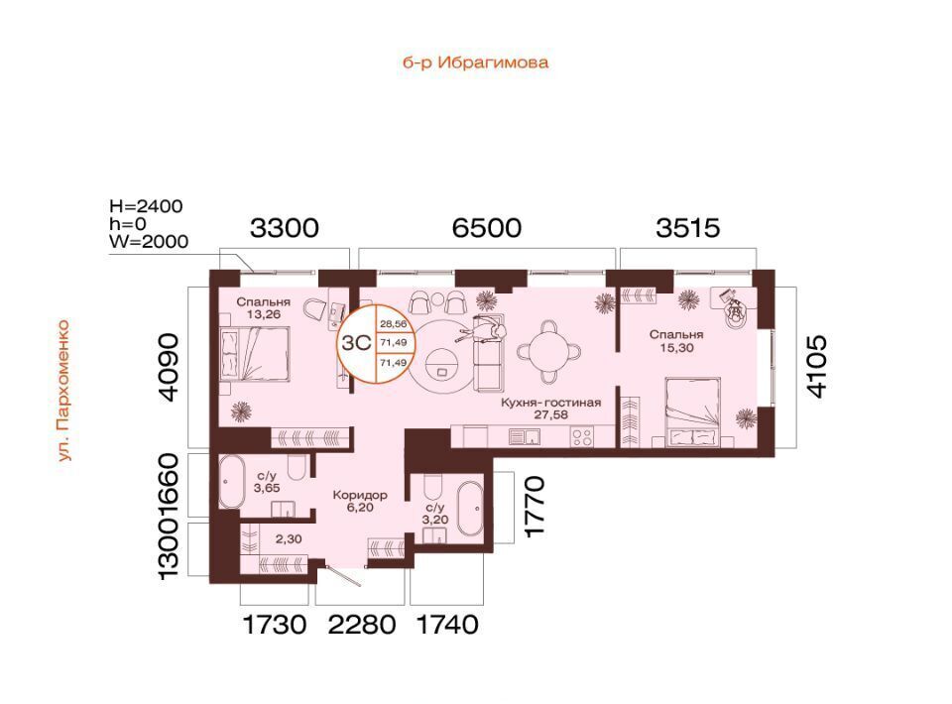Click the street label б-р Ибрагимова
[x=475, y=62]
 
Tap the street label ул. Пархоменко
[x=63, y=391]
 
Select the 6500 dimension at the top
[x=487, y=228]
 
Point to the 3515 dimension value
[x=688, y=228]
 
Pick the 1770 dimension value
[x=535, y=507]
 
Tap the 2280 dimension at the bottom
[x=362, y=624]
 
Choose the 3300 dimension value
[x=285, y=228]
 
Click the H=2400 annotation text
[x=146, y=206]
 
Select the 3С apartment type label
[x=356, y=343]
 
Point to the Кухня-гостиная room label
[x=550, y=403]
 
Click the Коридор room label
[x=360, y=495]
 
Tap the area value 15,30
[x=676, y=348]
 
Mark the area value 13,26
[x=264, y=314]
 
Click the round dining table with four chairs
[x=549, y=350]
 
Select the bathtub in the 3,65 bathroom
[x=231, y=482]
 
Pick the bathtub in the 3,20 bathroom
[x=470, y=510]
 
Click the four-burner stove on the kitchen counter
[x=582, y=437]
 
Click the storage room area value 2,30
[x=289, y=539]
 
